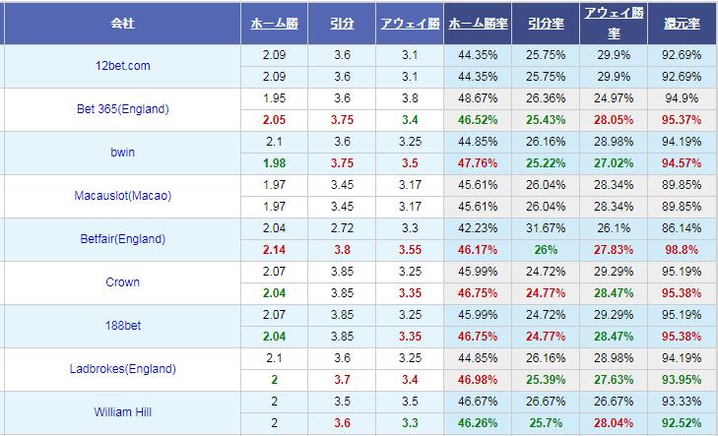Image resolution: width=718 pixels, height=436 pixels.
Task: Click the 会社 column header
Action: pyautogui.click(x=122, y=22)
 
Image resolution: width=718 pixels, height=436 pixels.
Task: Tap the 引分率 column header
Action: pyautogui.click(x=546, y=22)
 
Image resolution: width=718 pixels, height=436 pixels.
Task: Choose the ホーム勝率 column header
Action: pyautogui.click(x=477, y=22)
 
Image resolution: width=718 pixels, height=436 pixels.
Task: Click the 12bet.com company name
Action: pyautogui.click(x=122, y=66)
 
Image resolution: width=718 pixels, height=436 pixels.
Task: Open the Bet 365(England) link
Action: pyautogui.click(x=122, y=109)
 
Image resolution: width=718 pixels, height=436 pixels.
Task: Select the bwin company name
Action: pyautogui.click(x=122, y=153)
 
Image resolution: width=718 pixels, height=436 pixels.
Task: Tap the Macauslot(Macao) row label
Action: pyautogui.click(x=122, y=196)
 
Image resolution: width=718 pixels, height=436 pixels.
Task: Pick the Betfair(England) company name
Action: pyautogui.click(x=122, y=239)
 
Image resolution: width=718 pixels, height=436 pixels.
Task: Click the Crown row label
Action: pyautogui.click(x=122, y=282)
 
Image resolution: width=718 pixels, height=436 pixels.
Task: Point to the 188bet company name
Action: pyautogui.click(x=122, y=326)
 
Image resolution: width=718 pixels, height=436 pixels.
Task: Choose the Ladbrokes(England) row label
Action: pyautogui.click(x=122, y=369)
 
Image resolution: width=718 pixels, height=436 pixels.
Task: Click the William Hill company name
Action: pyautogui.click(x=122, y=412)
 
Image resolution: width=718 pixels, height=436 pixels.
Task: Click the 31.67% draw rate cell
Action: pyautogui.click(x=546, y=228)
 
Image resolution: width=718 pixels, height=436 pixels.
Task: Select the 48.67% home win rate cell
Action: pyautogui.click(x=477, y=98)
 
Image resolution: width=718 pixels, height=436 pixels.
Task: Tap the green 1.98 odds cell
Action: pyautogui.click(x=274, y=163)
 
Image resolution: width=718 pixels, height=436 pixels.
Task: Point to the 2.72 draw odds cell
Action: pyautogui.click(x=342, y=228)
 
